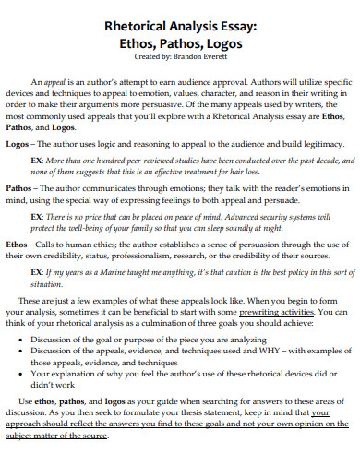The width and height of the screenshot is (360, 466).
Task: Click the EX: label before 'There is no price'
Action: click(x=39, y=213)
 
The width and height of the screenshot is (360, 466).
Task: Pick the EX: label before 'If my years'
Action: click(x=39, y=274)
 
